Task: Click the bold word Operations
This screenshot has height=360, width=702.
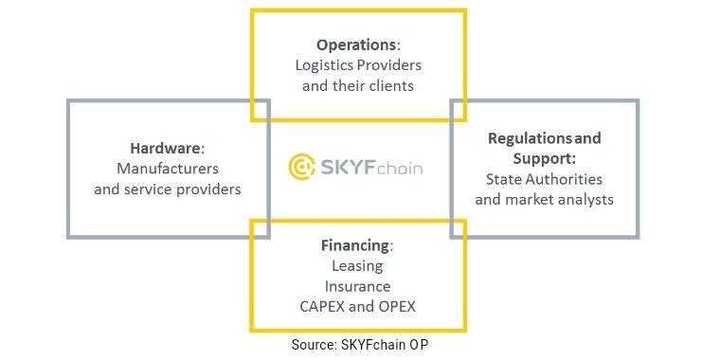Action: (x=356, y=45)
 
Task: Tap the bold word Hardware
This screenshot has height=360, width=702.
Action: (x=166, y=148)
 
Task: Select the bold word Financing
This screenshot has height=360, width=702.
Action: (x=355, y=245)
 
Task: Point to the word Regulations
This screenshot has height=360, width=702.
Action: (x=530, y=138)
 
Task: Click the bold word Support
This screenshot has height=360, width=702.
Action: (x=543, y=158)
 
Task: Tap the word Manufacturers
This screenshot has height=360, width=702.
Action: (x=168, y=169)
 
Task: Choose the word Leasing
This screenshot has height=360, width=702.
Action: (x=357, y=266)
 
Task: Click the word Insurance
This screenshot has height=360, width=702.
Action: (x=357, y=286)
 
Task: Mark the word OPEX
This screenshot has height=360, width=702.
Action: (x=397, y=307)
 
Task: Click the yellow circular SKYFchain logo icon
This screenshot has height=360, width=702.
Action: (x=301, y=167)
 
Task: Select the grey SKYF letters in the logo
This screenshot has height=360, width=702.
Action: (x=348, y=168)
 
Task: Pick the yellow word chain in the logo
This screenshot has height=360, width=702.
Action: (x=400, y=169)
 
